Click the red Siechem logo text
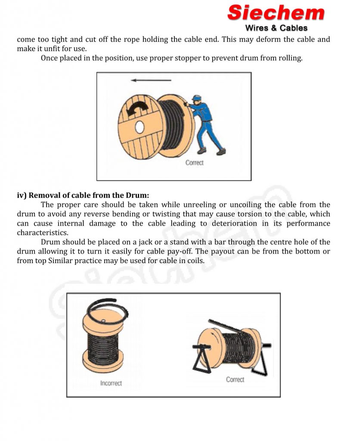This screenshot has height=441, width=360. coord(276,13)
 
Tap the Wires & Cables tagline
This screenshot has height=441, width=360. coord(276,28)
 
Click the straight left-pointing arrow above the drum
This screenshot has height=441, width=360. coord(151,81)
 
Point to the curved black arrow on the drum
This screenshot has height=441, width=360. coord(137,109)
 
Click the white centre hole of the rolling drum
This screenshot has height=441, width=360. coord(140,127)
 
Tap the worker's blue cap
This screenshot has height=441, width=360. coord(196,98)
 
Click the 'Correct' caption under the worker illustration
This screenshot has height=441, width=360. coord(194,162)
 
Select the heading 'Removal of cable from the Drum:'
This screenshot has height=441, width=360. coord(89,195)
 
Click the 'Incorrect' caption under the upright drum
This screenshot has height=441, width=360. coord(111,383)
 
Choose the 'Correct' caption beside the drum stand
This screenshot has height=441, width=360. coord(235,379)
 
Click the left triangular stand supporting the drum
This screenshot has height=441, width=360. coord(202,359)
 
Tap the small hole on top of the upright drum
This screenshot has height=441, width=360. coord(103,320)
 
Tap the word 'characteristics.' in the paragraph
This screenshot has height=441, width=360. coord(43,233)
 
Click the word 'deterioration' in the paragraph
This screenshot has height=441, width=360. coord(234,224)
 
